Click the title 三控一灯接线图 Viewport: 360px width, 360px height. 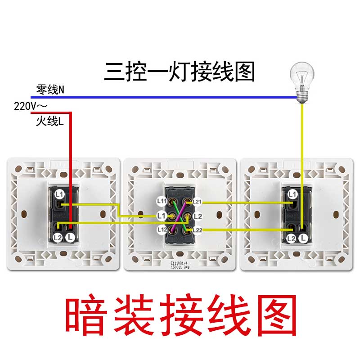(x=180, y=71)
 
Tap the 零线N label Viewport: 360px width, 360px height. (x=50, y=90)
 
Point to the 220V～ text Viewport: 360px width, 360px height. (x=31, y=107)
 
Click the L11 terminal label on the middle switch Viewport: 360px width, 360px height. (x=162, y=201)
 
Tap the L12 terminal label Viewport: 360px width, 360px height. (x=162, y=230)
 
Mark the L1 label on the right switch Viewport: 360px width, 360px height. (x=292, y=194)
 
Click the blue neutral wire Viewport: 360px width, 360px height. (x=180, y=96)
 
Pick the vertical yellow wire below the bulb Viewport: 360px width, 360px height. (x=302, y=144)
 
